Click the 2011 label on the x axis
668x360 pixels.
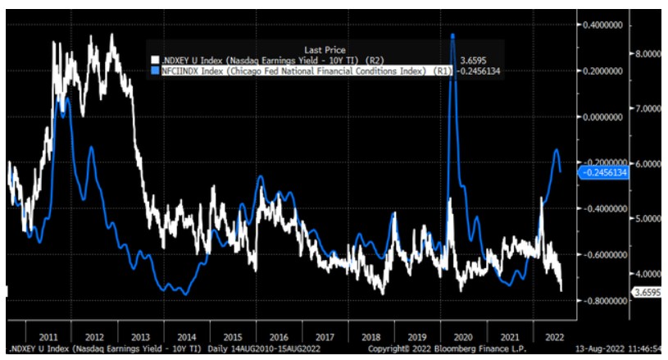click(47, 336)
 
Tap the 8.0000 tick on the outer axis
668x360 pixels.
click(648, 54)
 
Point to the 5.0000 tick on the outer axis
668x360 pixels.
click(648, 219)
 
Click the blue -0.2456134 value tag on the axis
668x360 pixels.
click(604, 172)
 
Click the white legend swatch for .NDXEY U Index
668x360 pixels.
click(153, 60)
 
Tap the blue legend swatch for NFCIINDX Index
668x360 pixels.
click(153, 71)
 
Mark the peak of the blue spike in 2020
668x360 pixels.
click(452, 34)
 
